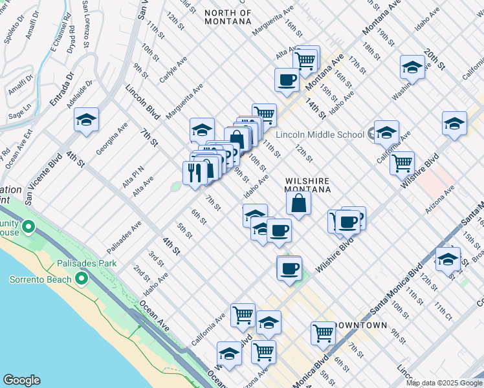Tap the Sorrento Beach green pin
pos(81,278)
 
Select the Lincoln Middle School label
pos(320,135)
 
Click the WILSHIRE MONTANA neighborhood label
pos(308,186)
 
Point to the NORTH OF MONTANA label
pos(227,17)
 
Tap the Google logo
pos(21,380)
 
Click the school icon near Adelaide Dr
pos(86,120)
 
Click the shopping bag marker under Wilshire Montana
pos(298,203)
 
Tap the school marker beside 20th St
pos(454,123)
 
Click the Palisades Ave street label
pos(124,238)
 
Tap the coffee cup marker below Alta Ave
pos(286,80)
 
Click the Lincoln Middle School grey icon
pos(371,135)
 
